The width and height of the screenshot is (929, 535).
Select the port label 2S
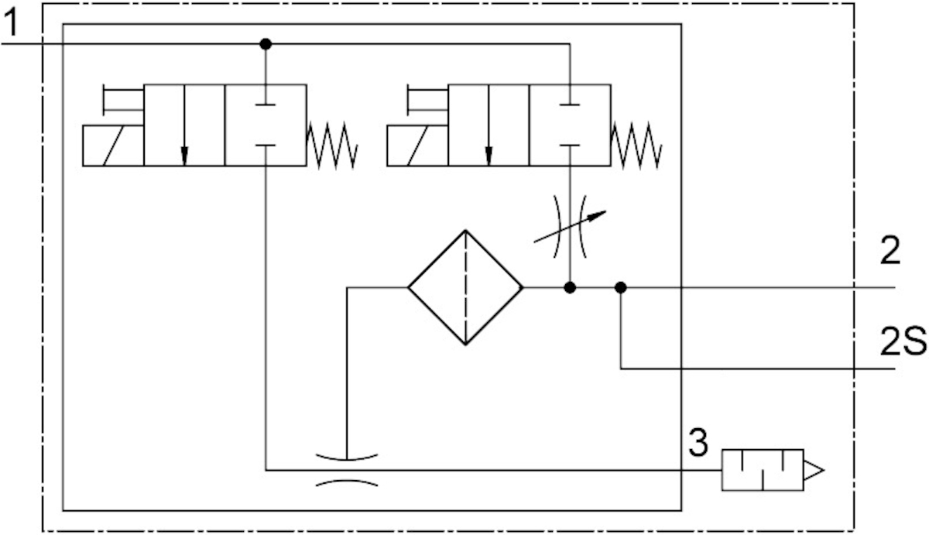point(902,341)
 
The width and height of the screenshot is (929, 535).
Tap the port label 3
point(698,444)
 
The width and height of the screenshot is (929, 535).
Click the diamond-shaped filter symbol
point(465,287)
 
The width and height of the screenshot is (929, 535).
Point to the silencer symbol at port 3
point(771,469)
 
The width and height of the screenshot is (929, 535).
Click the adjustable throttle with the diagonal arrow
point(571,225)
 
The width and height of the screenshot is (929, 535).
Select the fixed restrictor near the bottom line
point(347,469)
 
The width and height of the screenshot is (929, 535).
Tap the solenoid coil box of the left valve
point(113,145)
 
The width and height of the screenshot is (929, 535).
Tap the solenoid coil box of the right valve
point(417,145)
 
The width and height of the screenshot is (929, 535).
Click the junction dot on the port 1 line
point(266,44)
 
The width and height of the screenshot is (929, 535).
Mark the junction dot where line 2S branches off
point(620,287)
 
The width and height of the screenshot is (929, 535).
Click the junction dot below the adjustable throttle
point(570,287)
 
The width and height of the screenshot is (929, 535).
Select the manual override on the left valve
point(123,98)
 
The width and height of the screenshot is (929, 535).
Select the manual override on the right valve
point(427,98)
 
